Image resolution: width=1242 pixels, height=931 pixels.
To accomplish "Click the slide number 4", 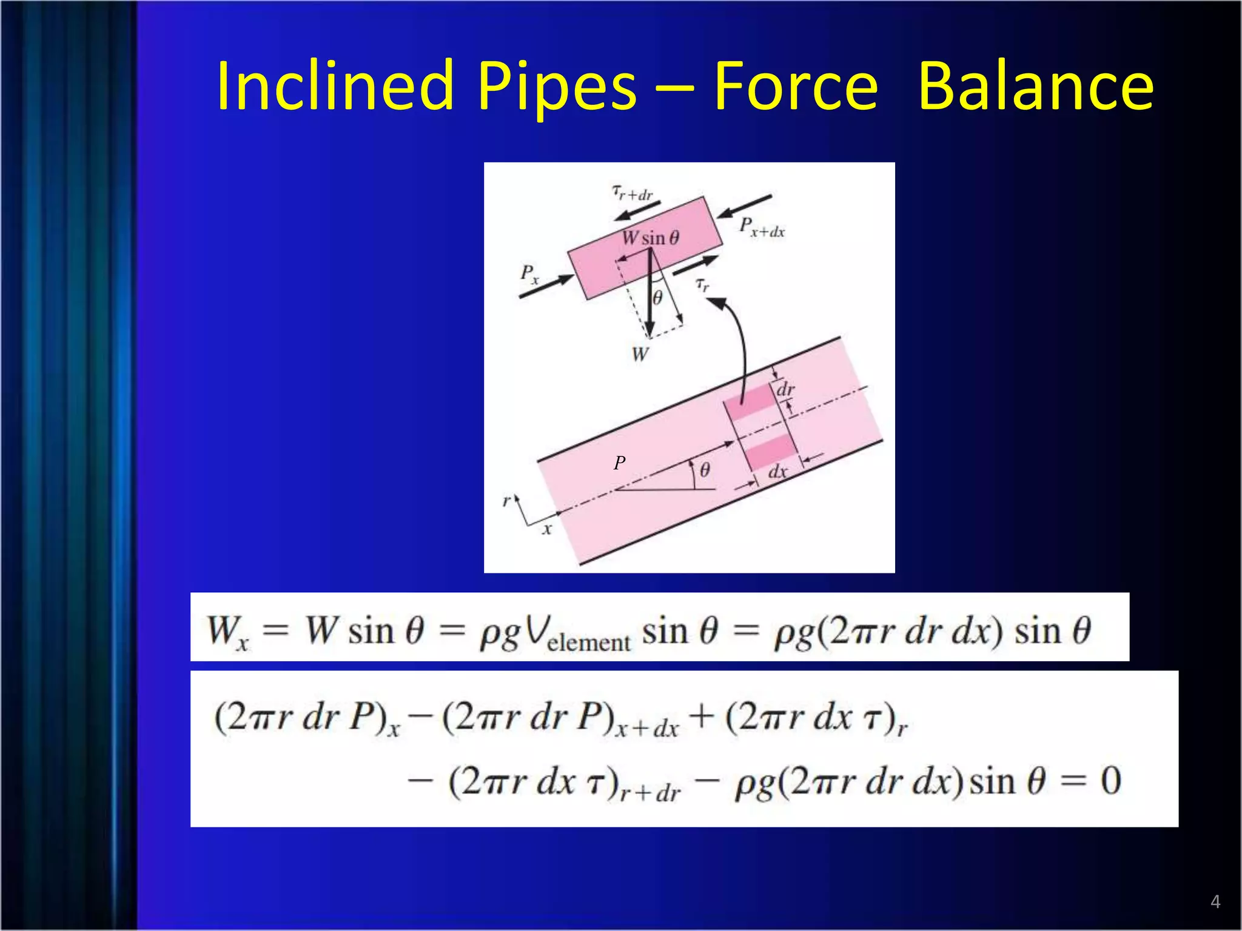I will click(x=1215, y=901).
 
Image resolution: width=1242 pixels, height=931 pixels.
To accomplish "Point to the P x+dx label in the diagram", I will click(x=762, y=227).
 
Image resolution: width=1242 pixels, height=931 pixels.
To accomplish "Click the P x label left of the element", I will click(x=529, y=274).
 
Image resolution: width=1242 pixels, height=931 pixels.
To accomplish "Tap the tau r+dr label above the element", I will click(x=632, y=193).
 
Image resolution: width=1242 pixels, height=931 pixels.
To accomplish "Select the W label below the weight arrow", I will click(x=640, y=354).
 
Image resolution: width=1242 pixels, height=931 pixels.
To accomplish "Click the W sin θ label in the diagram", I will click(x=650, y=238).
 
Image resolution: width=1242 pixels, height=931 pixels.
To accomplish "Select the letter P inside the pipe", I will click(x=619, y=463).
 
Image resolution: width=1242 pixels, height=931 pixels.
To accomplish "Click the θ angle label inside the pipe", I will click(x=705, y=469).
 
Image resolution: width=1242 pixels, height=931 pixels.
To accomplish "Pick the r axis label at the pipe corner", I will click(x=506, y=501).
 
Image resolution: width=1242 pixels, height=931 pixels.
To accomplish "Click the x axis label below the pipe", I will click(x=547, y=529).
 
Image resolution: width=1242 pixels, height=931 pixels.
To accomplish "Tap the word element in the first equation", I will click(x=588, y=642).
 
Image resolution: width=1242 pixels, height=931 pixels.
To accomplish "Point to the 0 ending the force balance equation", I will click(x=1110, y=781).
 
